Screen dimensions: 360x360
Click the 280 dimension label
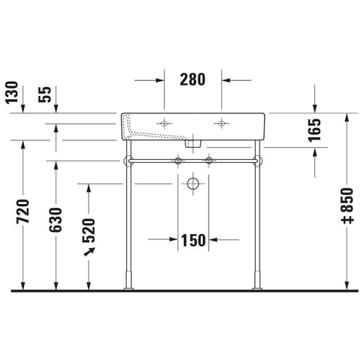click(193, 79)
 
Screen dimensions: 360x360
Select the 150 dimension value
click(193, 240)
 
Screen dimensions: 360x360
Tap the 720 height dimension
click(23, 211)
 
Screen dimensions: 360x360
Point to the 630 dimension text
click(55, 220)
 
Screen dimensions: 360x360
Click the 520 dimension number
click(88, 230)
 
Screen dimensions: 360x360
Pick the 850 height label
click(347, 205)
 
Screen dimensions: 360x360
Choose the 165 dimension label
click(314, 130)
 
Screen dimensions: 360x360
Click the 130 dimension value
click(12, 92)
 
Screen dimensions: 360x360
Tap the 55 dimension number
click(45, 94)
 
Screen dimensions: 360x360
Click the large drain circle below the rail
click(193, 184)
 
